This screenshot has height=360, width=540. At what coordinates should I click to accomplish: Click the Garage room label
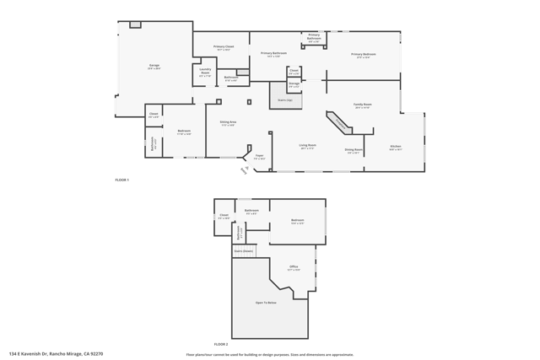tap(154, 66)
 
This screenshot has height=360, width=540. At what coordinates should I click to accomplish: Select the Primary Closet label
tap(224, 48)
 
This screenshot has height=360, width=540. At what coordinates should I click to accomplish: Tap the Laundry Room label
tap(205, 73)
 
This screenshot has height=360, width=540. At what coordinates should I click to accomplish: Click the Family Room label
tap(363, 106)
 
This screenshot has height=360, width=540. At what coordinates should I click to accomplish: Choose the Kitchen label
tap(396, 148)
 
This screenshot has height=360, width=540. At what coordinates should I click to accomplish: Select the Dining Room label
tap(354, 152)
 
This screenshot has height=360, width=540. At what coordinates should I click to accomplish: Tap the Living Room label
tap(308, 147)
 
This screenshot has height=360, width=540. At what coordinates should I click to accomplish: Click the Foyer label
tap(260, 157)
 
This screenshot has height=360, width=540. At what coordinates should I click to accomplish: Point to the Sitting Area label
tap(228, 123)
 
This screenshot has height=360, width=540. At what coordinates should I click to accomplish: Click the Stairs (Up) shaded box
tap(285, 98)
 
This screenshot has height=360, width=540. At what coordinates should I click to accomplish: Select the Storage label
tap(294, 84)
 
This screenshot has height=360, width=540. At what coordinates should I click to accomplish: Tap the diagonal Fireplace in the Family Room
tap(341, 123)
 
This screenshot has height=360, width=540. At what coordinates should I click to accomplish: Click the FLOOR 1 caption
tap(122, 180)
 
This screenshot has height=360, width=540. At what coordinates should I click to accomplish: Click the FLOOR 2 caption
tap(220, 344)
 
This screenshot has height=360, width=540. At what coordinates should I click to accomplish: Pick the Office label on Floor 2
tap(294, 268)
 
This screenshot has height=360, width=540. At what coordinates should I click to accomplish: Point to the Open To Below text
tap(266, 303)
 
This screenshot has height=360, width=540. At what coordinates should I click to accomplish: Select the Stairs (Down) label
tap(243, 251)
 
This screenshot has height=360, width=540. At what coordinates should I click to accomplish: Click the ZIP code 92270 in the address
tap(96, 354)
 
